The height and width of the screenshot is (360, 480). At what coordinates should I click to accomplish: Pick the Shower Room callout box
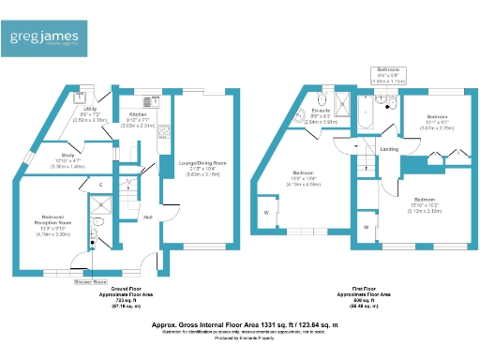pyautogui.click(x=91, y=280)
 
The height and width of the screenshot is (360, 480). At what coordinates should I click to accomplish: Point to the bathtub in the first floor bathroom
pyautogui.click(x=364, y=113)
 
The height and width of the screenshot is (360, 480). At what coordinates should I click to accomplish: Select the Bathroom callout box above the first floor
pyautogui.click(x=388, y=75)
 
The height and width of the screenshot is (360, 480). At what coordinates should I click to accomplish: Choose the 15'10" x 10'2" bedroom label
pyautogui.click(x=425, y=204)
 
